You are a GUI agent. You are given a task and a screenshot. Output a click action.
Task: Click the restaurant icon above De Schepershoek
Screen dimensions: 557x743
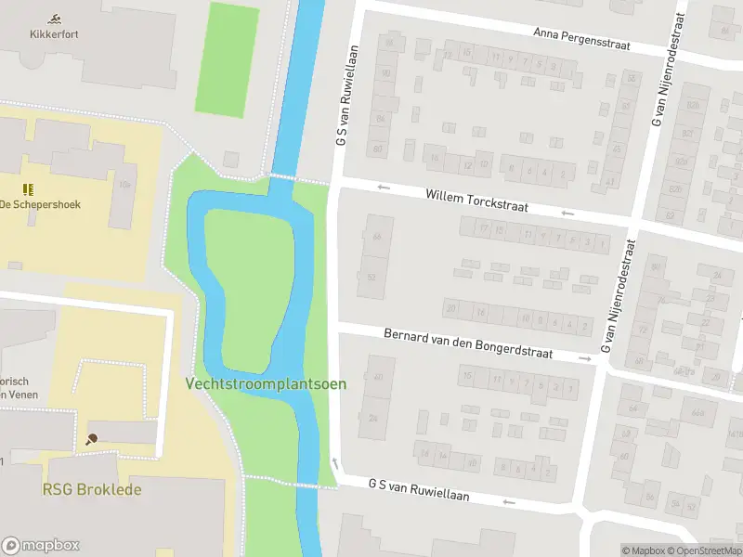point(28,188)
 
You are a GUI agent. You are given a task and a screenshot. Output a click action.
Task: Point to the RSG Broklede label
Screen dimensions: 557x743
point(92,489)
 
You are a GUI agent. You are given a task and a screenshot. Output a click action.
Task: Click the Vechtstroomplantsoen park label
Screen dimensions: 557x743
point(266,383)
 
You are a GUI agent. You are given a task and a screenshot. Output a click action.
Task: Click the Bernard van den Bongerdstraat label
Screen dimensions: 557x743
point(468,343)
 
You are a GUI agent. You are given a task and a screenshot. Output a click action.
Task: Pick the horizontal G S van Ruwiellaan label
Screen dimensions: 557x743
point(418,490)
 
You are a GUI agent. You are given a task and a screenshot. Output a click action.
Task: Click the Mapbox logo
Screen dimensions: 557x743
point(41,546)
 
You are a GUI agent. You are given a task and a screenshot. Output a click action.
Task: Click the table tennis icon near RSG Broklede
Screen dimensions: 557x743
point(92,440)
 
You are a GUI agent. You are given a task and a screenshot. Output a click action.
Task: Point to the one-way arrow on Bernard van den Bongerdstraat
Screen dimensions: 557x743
point(585,358)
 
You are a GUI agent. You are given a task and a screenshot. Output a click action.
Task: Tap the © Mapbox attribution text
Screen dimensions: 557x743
point(643,550)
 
